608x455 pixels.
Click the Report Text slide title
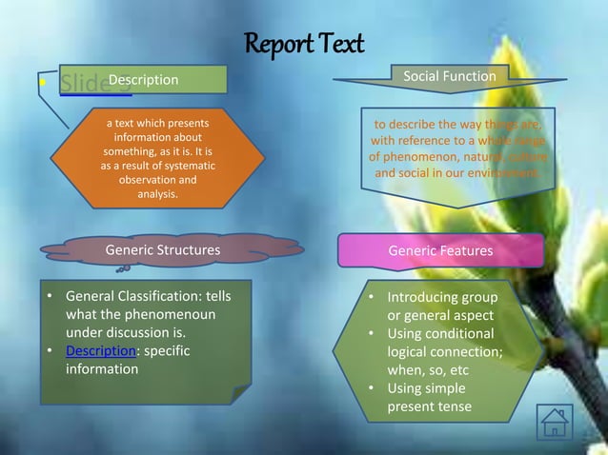click(x=304, y=44)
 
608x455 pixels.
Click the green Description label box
click(x=143, y=80)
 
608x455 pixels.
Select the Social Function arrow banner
click(x=449, y=76)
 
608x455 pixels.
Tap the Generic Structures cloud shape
click(x=162, y=250)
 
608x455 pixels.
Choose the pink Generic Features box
click(x=440, y=251)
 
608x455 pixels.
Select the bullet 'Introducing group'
click(x=441, y=297)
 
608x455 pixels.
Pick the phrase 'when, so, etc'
click(x=428, y=370)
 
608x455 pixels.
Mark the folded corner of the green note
click(x=241, y=394)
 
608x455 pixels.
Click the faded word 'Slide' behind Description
click(x=80, y=82)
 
